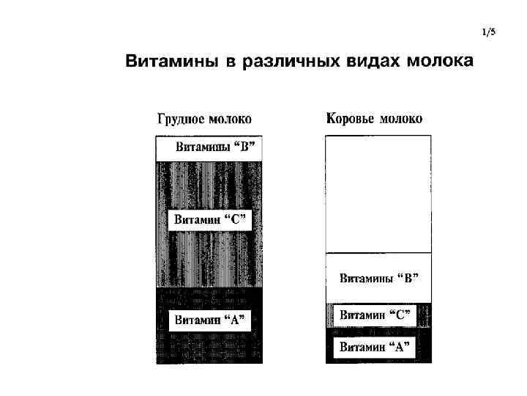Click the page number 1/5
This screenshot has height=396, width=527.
pyautogui.click(x=489, y=32)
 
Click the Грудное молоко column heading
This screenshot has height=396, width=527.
pyautogui.click(x=204, y=118)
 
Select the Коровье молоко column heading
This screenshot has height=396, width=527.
pyautogui.click(x=374, y=118)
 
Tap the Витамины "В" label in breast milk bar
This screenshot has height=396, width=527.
pyautogui.click(x=217, y=145)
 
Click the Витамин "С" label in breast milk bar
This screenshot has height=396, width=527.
pyautogui.click(x=210, y=219)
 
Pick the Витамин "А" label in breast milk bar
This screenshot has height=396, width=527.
pyautogui.click(x=209, y=320)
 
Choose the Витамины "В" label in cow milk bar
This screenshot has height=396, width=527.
pyautogui.click(x=379, y=278)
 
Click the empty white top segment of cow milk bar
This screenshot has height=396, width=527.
pyautogui.click(x=378, y=194)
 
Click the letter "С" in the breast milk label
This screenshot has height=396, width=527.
pyautogui.click(x=236, y=219)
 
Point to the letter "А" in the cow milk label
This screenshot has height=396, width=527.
pyautogui.click(x=400, y=346)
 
